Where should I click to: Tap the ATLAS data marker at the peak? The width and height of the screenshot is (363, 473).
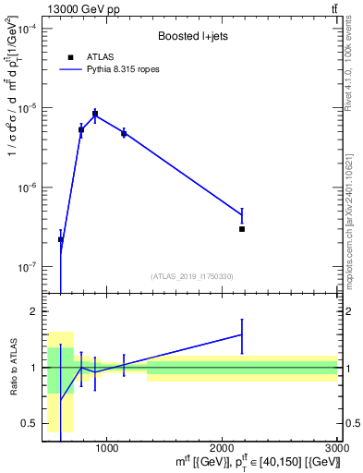pos(95,114)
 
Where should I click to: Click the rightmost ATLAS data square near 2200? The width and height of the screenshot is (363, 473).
pos(242,228)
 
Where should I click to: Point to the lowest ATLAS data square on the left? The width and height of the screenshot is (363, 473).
pos(61,239)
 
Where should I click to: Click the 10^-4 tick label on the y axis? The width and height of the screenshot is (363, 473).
pos(23,30)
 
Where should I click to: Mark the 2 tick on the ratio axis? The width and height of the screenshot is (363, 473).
pos(33,312)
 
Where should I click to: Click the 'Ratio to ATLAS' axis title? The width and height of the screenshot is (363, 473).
pos(11,368)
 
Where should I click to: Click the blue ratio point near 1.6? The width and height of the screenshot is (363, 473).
pos(242,334)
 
